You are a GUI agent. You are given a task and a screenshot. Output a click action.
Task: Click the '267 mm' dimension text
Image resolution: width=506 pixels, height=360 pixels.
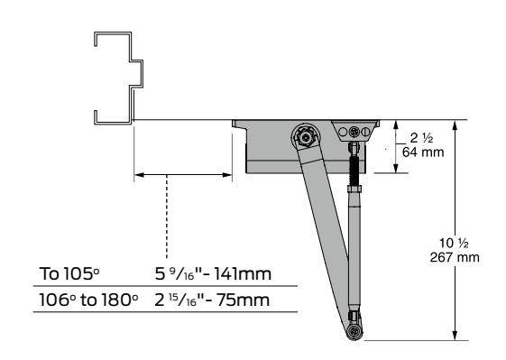click(455, 257)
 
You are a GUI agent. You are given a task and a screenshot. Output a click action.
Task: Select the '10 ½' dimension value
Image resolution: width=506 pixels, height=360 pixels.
click(454, 243)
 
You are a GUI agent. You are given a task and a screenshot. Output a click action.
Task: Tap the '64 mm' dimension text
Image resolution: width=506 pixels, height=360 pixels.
click(423, 152)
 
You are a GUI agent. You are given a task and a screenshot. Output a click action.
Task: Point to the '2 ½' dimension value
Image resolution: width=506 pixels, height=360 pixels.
click(421, 138)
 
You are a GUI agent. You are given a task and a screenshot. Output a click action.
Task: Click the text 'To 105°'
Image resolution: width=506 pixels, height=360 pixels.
click(69, 273)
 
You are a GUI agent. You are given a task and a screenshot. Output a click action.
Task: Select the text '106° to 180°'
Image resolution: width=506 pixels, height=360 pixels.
click(88, 300)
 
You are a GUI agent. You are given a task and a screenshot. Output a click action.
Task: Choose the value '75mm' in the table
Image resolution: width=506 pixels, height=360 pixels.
click(243, 300)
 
